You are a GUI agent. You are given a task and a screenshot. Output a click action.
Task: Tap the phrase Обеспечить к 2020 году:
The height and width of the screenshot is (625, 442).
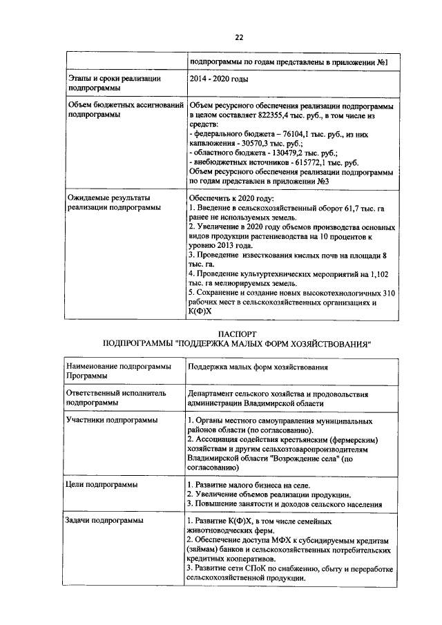232,197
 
